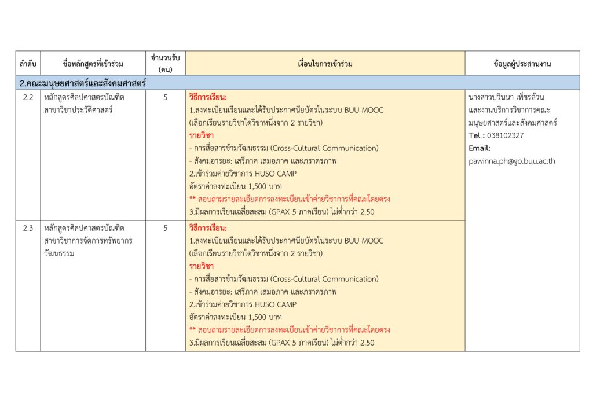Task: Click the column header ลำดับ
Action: [28, 64]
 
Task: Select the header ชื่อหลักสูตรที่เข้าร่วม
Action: [93, 64]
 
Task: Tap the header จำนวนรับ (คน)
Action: [165, 64]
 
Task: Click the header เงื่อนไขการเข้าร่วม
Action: [325, 64]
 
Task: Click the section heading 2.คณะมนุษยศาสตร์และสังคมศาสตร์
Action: [83, 83]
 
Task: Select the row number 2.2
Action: [28, 97]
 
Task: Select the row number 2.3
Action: [28, 228]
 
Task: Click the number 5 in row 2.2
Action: [165, 97]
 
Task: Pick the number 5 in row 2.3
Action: [165, 228]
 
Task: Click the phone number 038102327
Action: [505, 135]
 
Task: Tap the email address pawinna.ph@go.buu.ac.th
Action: [512, 161]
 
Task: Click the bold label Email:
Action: [479, 148]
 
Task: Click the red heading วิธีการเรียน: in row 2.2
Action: [208, 97]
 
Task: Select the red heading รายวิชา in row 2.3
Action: [202, 266]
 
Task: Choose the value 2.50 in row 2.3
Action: [367, 343]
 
